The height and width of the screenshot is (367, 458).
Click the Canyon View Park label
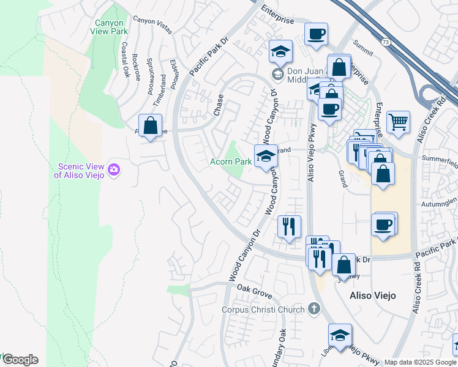(109, 28)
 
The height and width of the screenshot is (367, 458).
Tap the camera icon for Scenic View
(113, 169)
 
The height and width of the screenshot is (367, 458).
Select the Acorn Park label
(230, 162)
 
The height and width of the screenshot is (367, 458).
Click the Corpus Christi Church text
(263, 310)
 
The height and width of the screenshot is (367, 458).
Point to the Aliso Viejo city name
(372, 295)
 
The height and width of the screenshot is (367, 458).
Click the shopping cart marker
(398, 122)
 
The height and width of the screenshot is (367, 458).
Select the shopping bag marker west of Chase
(150, 125)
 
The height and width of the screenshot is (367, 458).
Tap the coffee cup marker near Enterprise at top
(316, 34)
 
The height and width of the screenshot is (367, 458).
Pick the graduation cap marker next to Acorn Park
(266, 157)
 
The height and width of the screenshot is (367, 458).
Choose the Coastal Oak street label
(126, 59)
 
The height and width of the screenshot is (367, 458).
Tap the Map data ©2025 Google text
(420, 362)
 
